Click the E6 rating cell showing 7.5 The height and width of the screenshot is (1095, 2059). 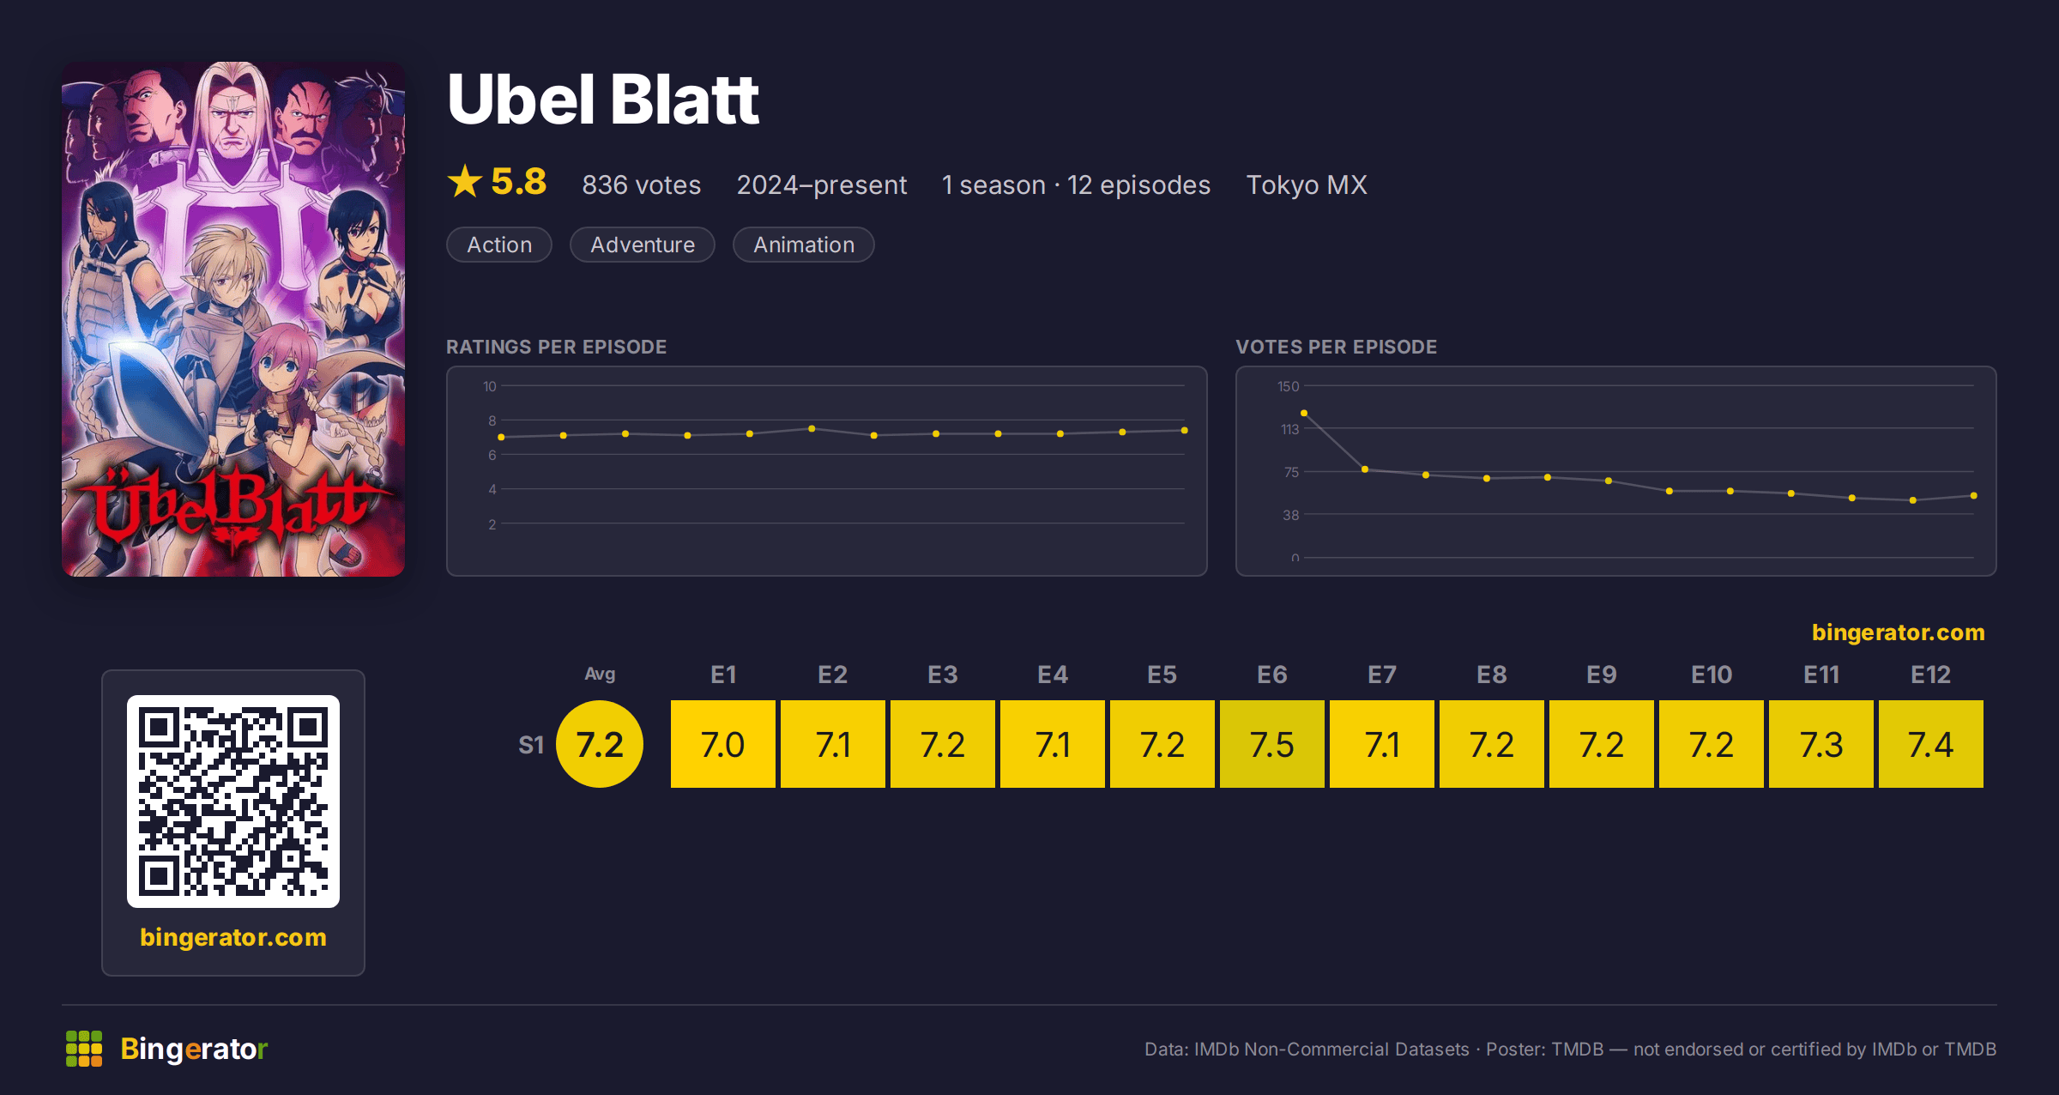[1271, 744]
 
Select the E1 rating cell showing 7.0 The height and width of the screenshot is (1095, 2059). [722, 744]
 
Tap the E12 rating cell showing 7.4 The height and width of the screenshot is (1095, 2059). [1930, 744]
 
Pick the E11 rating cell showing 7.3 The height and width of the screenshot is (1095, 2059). [1820, 744]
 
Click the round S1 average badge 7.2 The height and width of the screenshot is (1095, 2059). [600, 744]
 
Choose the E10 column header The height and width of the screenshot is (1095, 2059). [1712, 675]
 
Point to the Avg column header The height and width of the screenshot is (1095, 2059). [600, 674]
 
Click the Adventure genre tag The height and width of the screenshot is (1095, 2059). [643, 245]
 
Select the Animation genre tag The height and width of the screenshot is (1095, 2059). [804, 245]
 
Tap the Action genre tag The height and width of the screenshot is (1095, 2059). [499, 245]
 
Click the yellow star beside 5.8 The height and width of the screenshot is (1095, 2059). [465, 181]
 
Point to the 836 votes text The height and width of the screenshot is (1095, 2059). [642, 185]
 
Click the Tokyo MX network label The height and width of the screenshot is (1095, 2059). [1307, 185]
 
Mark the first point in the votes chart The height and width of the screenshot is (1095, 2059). [1304, 414]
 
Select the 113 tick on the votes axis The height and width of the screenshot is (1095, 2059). [1289, 429]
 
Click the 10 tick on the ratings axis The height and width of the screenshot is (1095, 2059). [489, 386]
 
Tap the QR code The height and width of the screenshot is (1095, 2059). [233, 802]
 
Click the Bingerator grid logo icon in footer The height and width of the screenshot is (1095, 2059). [84, 1049]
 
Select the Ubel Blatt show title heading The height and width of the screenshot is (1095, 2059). [603, 100]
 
